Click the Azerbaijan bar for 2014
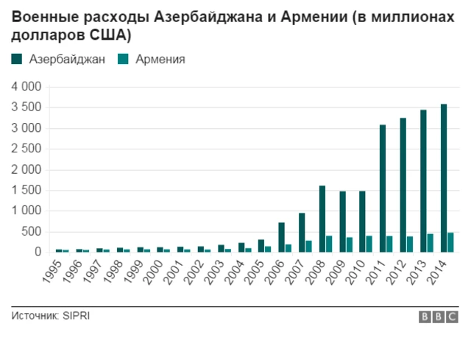(x=443, y=178)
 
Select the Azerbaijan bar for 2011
(x=383, y=188)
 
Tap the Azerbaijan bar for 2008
(x=322, y=219)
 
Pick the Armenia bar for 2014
(x=450, y=242)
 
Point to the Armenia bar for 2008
(x=329, y=244)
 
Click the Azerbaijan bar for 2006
(x=282, y=237)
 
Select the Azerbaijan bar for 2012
(x=403, y=185)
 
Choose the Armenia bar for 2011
(x=389, y=244)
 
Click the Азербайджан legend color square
(x=17, y=60)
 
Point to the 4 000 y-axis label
(x=27, y=87)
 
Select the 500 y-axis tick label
(x=34, y=231)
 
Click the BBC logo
(x=438, y=317)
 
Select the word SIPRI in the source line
(x=76, y=316)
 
